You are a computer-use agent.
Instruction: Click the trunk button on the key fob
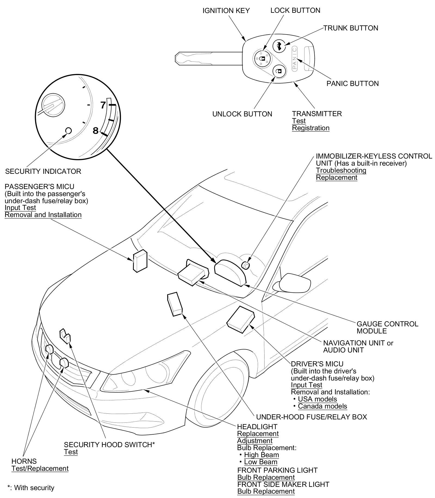278,45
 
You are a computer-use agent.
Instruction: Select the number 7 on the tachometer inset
103,105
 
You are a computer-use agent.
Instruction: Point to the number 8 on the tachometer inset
95,131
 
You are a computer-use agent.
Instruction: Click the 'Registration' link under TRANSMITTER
310,128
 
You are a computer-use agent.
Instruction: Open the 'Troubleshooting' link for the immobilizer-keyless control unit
341,171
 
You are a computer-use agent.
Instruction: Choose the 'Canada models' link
322,406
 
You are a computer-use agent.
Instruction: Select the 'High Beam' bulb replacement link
261,455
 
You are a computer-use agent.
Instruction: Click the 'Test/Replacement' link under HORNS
40,468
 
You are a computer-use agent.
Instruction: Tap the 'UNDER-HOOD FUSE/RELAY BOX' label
312,417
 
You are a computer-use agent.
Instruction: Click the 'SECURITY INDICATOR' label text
43,171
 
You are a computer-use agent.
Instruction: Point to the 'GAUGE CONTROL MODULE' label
387,327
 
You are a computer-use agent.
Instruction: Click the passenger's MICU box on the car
140,261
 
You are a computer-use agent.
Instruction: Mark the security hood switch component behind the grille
65,336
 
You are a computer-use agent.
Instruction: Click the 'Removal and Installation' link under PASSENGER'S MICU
43,215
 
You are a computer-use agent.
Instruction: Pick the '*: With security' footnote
31,488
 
